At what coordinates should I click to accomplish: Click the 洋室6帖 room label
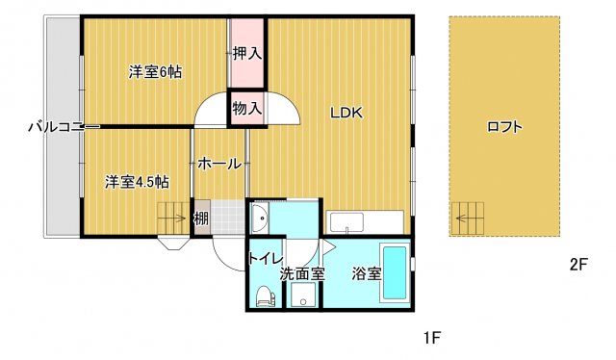pyautogui.click(x=155, y=72)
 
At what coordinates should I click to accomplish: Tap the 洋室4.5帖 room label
pyautogui.click(x=137, y=182)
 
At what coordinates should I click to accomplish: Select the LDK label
pyautogui.click(x=346, y=114)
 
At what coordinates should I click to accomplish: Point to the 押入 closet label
pyautogui.click(x=247, y=54)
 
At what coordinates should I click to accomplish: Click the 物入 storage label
pyautogui.click(x=247, y=109)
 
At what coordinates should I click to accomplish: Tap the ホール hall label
pyautogui.click(x=219, y=164)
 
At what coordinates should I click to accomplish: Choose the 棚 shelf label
pyautogui.click(x=201, y=219)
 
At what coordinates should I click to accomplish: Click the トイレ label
pyautogui.click(x=266, y=259)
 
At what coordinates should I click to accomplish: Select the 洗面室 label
pyautogui.click(x=302, y=274)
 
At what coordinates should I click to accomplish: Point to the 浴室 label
pyautogui.click(x=367, y=274)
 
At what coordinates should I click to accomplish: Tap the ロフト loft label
pyautogui.click(x=504, y=127)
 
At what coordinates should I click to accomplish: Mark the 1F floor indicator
pyautogui.click(x=433, y=337)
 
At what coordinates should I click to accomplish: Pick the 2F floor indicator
pyautogui.click(x=578, y=265)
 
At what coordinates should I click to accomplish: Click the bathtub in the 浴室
pyautogui.click(x=395, y=272)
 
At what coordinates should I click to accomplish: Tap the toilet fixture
pyautogui.click(x=266, y=296)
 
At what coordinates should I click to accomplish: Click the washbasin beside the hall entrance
pyautogui.click(x=259, y=219)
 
